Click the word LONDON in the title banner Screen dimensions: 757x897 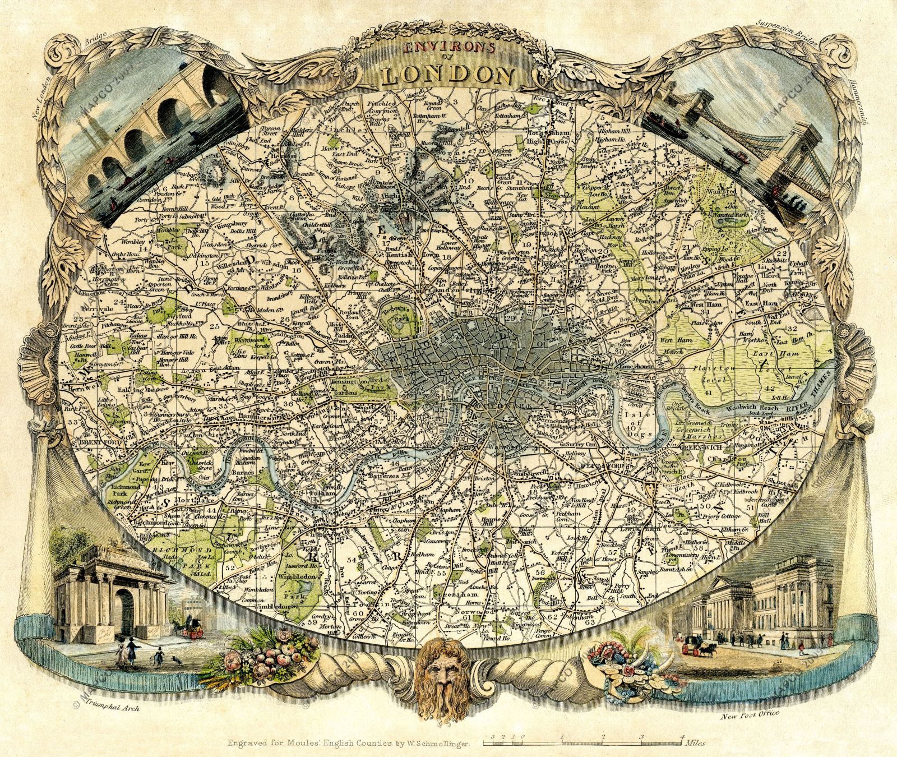449,75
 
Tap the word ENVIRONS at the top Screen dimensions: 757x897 447,48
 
